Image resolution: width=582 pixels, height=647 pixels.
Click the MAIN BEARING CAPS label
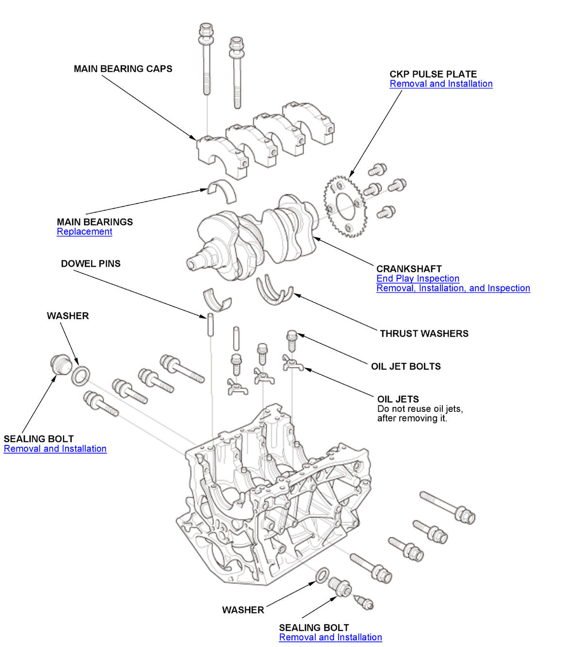coord(123,69)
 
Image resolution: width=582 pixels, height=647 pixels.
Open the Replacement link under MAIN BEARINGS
coord(84,232)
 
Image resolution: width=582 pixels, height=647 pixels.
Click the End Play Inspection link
coord(418,278)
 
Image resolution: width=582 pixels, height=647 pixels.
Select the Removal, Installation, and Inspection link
coord(453,288)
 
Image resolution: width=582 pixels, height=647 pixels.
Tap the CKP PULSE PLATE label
coord(433,74)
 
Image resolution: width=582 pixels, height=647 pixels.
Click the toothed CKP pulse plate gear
coord(345,207)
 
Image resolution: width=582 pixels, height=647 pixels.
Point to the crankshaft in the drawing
coord(252,238)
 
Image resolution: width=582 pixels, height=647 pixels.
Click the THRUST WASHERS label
coord(424,334)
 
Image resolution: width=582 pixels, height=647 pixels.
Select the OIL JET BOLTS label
coord(406,367)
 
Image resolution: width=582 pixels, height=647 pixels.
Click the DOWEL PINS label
coord(91,264)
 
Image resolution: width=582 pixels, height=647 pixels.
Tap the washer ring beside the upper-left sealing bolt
coord(81,375)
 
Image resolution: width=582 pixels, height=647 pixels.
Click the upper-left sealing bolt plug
coord(61,365)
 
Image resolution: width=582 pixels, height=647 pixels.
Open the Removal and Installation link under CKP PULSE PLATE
coord(441,84)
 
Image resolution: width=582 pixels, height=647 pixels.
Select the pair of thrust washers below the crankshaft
coord(275,291)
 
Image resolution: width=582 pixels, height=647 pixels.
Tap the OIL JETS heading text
coord(398,399)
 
